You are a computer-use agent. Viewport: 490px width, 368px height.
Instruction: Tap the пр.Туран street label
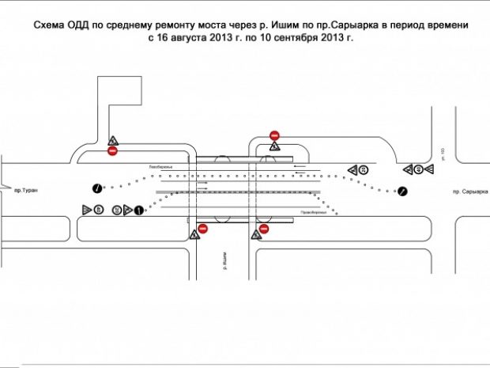(x=25, y=191)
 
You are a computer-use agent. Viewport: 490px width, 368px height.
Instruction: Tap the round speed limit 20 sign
(x=363, y=169)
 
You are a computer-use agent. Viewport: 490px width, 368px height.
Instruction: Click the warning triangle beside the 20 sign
(x=351, y=169)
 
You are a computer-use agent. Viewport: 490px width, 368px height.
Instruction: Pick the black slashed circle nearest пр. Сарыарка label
(x=402, y=191)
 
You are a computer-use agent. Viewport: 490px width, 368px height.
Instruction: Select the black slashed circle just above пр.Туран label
(x=96, y=188)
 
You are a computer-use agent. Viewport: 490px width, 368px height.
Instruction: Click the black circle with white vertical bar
(x=138, y=210)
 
